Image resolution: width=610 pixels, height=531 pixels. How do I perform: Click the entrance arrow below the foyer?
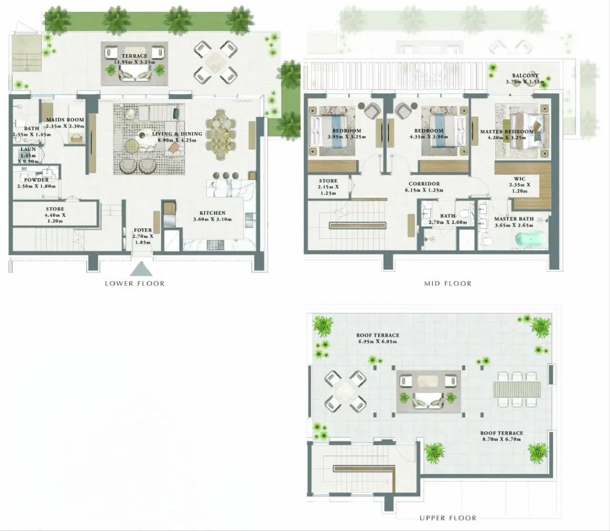(142, 269)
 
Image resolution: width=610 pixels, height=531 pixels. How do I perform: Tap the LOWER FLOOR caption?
(134, 284)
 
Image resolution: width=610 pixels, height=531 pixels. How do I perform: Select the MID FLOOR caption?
(448, 284)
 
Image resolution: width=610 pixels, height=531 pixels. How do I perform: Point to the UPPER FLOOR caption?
(448, 518)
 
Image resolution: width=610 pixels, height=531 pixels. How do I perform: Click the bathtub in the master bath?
(531, 239)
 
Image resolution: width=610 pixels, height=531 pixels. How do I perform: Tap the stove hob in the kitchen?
(215, 245)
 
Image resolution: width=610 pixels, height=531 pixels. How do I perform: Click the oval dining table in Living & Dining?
(221, 135)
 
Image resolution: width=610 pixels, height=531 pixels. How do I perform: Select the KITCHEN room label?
(212, 213)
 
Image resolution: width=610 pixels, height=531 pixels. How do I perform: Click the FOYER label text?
(143, 230)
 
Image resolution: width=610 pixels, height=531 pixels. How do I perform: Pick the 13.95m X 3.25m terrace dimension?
(134, 62)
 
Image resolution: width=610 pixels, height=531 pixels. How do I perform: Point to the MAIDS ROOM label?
(65, 119)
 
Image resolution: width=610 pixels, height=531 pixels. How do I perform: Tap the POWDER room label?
(36, 180)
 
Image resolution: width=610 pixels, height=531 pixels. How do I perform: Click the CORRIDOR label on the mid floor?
(424, 184)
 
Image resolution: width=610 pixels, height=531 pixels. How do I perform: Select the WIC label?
(519, 179)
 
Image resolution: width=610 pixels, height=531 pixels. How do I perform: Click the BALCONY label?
(525, 76)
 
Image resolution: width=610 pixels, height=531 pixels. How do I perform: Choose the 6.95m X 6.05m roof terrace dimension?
(378, 342)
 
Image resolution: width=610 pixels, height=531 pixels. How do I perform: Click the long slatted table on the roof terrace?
(517, 389)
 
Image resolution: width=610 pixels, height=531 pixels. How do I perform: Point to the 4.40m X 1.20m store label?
(55, 218)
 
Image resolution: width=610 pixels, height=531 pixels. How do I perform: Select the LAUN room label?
(28, 149)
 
